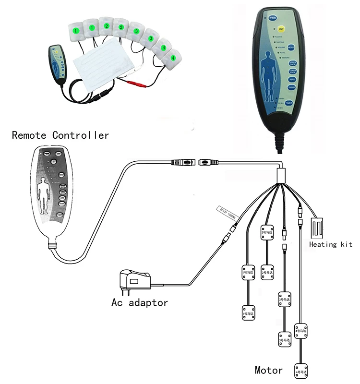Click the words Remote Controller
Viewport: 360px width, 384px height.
(x=60, y=135)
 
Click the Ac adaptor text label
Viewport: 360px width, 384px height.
(x=140, y=302)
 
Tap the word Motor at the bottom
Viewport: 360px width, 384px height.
(x=269, y=370)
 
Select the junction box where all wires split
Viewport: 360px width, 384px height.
(x=281, y=174)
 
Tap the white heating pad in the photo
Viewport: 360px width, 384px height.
(x=103, y=65)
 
